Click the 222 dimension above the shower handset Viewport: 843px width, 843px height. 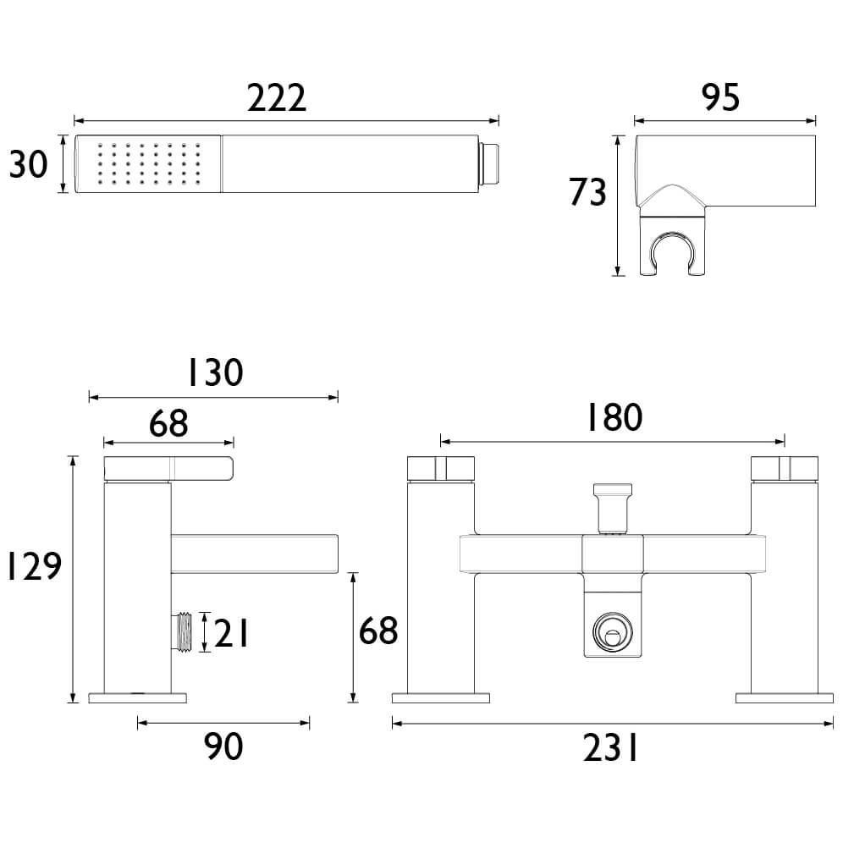coord(277,98)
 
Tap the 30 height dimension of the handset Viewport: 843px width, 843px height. coord(29,164)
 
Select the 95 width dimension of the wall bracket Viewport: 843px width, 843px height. coord(720,97)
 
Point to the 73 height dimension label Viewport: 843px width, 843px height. coord(587,192)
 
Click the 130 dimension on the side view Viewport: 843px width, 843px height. coord(215,372)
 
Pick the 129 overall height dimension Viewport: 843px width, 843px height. coord(33,565)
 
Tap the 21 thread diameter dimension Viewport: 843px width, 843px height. coord(231,633)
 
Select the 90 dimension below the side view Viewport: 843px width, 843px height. coord(223,747)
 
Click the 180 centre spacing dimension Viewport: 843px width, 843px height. coord(614,416)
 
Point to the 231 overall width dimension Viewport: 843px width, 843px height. coord(610,748)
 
